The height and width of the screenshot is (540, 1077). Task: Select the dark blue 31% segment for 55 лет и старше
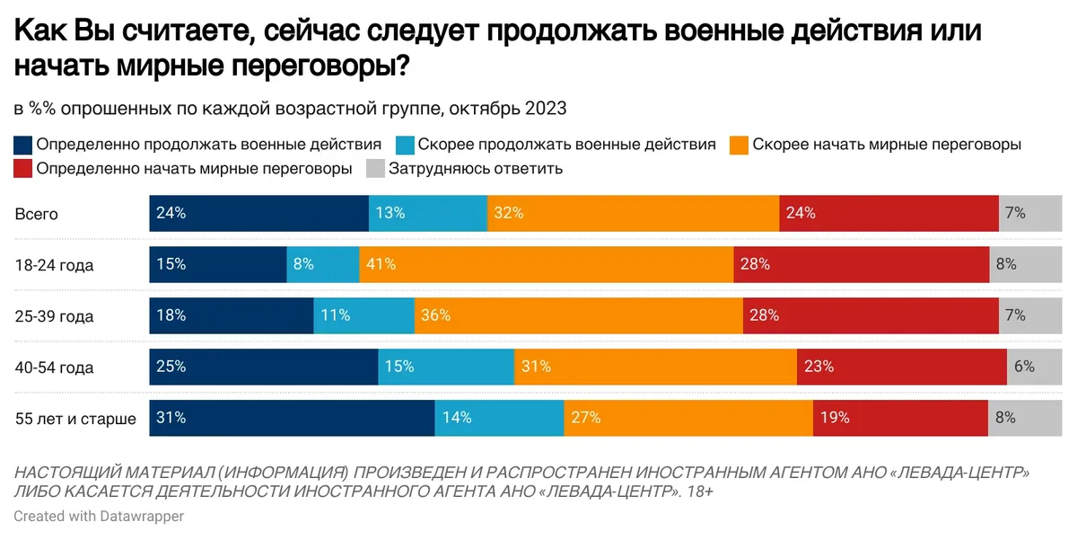tap(292, 419)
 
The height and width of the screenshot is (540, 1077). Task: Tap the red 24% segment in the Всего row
tap(889, 214)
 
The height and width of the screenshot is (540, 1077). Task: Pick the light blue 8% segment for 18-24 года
tap(322, 265)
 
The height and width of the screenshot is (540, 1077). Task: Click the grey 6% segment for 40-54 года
tap(1025, 367)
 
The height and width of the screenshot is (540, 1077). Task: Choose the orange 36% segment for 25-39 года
tap(578, 316)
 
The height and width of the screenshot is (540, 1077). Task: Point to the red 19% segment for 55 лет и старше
tap(900, 419)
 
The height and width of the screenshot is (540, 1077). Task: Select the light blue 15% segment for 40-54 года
tap(446, 367)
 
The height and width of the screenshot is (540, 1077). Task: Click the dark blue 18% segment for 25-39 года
tap(231, 316)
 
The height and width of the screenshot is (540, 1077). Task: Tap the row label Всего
tap(36, 214)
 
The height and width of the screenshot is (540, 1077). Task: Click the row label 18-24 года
tap(54, 265)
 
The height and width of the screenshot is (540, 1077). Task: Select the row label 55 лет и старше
tap(75, 419)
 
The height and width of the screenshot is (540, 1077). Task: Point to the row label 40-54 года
tap(54, 367)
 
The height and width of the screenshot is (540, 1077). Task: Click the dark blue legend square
tap(23, 144)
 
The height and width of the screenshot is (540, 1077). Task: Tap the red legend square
tap(23, 168)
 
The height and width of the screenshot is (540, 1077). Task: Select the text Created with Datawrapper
tap(99, 517)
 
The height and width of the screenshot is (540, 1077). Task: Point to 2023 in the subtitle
tap(545, 109)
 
